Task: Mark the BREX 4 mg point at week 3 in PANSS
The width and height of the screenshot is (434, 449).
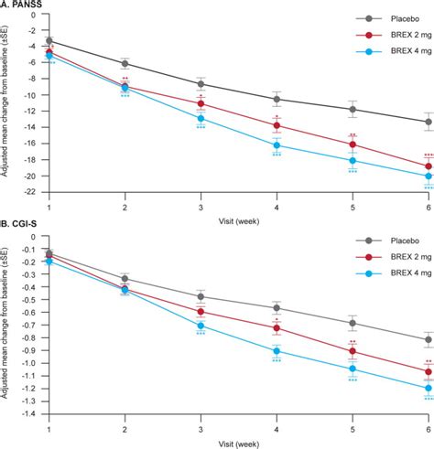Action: coord(201,118)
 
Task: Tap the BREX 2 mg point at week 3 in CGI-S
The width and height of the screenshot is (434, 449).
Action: coord(201,312)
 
